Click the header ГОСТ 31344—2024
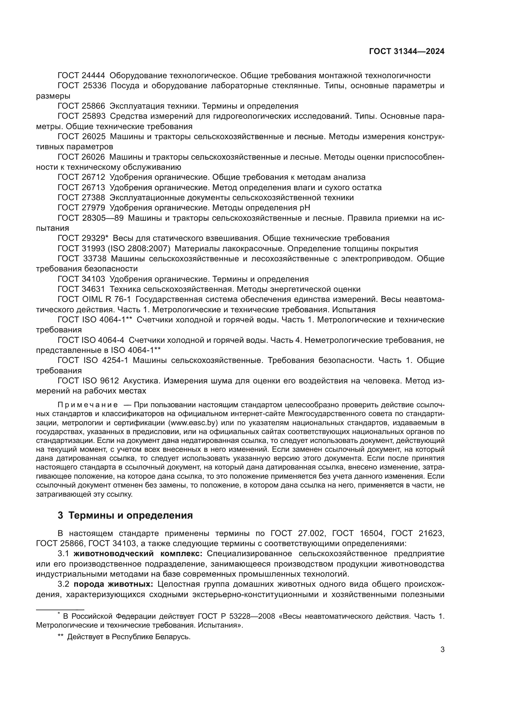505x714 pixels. pos(407,52)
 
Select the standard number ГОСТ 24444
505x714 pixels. pos(82,76)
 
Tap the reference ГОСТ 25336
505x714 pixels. pos(82,86)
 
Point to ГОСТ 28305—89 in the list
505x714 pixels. pos(90,218)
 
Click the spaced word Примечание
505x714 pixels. pos(88,405)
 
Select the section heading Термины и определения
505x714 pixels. pos(130,516)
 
